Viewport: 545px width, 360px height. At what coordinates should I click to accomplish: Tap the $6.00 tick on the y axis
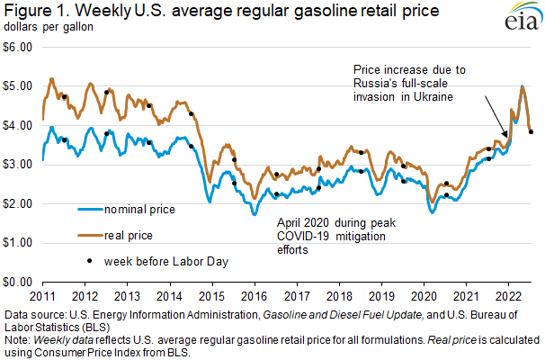[x=23, y=47]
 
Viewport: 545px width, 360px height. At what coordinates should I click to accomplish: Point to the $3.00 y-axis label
[x=23, y=164]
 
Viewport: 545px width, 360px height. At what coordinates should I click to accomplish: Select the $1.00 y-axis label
[x=23, y=242]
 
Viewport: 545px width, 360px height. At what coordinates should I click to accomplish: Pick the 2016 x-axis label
[x=254, y=295]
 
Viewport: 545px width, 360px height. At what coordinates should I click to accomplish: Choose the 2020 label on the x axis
[x=424, y=295]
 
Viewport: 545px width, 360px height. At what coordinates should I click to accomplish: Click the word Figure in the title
[x=29, y=12]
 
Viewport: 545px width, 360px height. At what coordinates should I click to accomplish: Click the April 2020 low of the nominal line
[x=433, y=211]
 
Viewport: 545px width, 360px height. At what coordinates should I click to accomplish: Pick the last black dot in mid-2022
[x=532, y=131]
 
